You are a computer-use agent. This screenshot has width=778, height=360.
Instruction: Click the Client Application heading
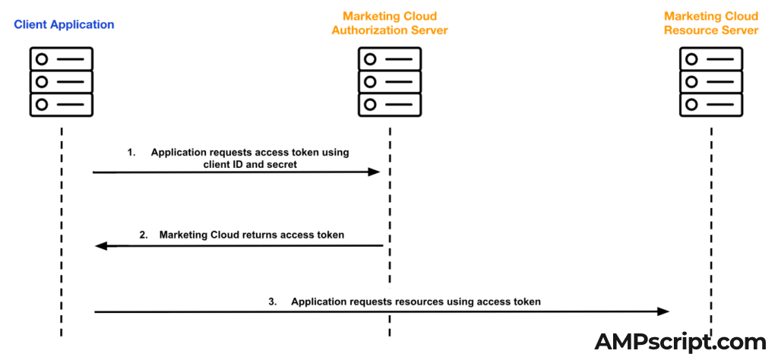tap(64, 24)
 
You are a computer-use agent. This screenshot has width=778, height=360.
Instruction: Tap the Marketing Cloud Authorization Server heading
tap(390, 24)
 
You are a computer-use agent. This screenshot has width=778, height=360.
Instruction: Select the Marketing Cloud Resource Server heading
tap(711, 24)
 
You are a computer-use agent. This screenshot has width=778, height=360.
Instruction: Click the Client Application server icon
tap(62, 81)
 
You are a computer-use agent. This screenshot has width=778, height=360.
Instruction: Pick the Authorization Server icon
tap(390, 81)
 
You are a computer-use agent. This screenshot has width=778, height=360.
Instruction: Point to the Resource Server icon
tap(711, 81)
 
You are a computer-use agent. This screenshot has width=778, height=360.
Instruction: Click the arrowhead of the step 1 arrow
tap(374, 172)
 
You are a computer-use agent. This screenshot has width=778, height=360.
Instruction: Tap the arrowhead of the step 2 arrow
tap(100, 245)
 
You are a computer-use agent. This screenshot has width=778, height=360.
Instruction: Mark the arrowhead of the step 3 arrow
tap(663, 311)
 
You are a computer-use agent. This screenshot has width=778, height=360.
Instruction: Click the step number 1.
tap(131, 153)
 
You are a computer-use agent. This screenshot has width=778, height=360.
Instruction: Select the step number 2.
tap(144, 235)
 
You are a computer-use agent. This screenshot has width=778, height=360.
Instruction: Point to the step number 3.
tap(273, 302)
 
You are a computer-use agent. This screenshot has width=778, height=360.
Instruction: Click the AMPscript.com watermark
tap(680, 342)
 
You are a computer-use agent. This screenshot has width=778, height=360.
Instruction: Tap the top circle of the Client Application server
tap(43, 58)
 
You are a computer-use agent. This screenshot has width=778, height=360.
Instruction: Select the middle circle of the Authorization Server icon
tap(371, 81)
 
